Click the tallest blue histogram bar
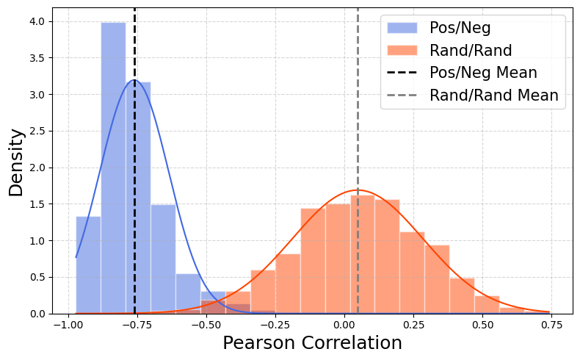[x=113, y=169]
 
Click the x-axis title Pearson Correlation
[x=312, y=343]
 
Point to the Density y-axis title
[x=16, y=162]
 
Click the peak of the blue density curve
[x=134, y=80]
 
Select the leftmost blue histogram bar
[x=88, y=264]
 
